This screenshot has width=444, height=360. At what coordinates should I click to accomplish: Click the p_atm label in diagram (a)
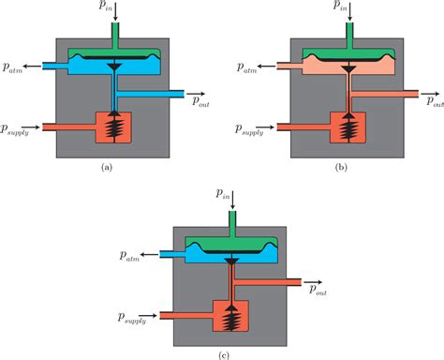coord(16,67)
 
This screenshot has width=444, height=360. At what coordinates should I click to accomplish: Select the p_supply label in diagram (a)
coord(17,127)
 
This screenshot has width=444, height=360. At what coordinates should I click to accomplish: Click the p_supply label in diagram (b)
coord(244,127)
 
